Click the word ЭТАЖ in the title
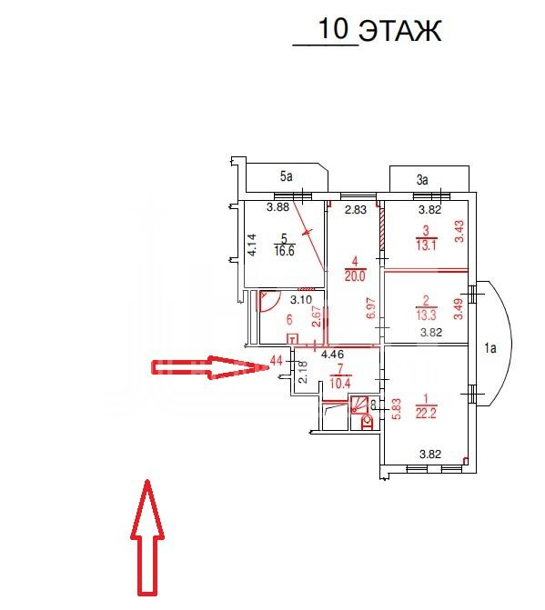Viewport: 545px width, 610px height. pos(400,30)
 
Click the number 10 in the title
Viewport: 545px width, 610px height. pos(333,28)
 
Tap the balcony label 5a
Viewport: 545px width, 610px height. pos(286,176)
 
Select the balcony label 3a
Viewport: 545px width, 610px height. pos(422,180)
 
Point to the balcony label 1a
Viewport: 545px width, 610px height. pos(490,348)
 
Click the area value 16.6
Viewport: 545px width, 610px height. pos(284,251)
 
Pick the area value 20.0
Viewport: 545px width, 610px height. pos(355,276)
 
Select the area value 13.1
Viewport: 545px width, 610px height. pos(426,245)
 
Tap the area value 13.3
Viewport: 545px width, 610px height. pos(426,315)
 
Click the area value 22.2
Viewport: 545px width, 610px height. pos(426,413)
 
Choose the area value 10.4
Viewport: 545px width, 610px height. pos(340,384)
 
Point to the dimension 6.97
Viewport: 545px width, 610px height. pos(372,308)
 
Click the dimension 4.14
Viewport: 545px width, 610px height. pos(253,245)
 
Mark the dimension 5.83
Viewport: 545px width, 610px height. pos(397,409)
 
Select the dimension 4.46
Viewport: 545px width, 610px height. pos(332,355)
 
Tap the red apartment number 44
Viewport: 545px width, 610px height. pos(276,361)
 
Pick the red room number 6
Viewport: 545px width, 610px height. pos(288,320)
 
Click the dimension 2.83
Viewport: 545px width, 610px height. pos(356,210)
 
